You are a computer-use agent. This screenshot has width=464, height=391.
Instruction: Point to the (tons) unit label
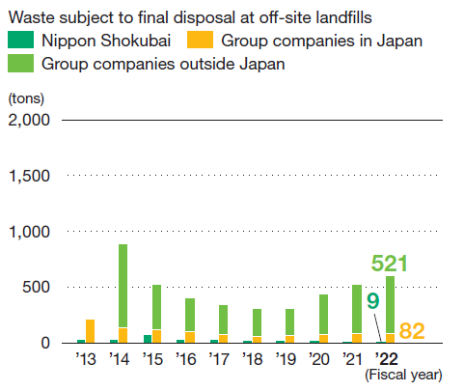[26, 98]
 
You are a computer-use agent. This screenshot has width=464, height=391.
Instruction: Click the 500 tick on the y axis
[37, 287]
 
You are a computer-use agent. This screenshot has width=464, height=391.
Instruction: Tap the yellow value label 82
[411, 331]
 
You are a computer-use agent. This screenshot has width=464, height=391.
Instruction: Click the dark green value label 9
[371, 301]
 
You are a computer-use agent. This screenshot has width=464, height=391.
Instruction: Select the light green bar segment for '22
[390, 304]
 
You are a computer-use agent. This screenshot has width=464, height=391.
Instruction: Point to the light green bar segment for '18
[257, 322]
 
